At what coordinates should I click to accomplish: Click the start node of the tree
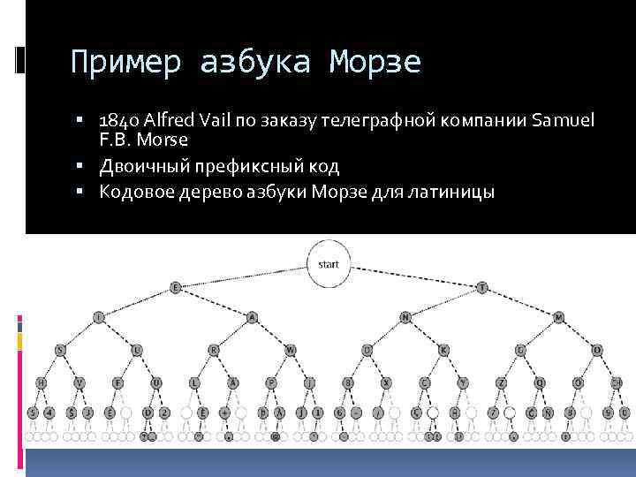click(329, 265)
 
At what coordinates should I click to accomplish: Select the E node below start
click(175, 288)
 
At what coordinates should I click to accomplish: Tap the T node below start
click(481, 288)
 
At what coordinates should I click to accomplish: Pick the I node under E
click(98, 316)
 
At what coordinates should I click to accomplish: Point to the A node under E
click(252, 316)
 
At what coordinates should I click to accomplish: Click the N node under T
click(405, 316)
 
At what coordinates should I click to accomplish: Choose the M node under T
click(558, 316)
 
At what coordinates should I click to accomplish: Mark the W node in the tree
click(290, 350)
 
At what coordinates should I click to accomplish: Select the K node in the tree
click(443, 350)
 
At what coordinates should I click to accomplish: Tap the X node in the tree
click(386, 382)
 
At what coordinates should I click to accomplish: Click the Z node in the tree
click(501, 382)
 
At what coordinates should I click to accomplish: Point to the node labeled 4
click(50, 413)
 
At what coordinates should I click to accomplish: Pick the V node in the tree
click(79, 382)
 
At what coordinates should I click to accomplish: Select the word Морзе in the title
click(376, 63)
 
